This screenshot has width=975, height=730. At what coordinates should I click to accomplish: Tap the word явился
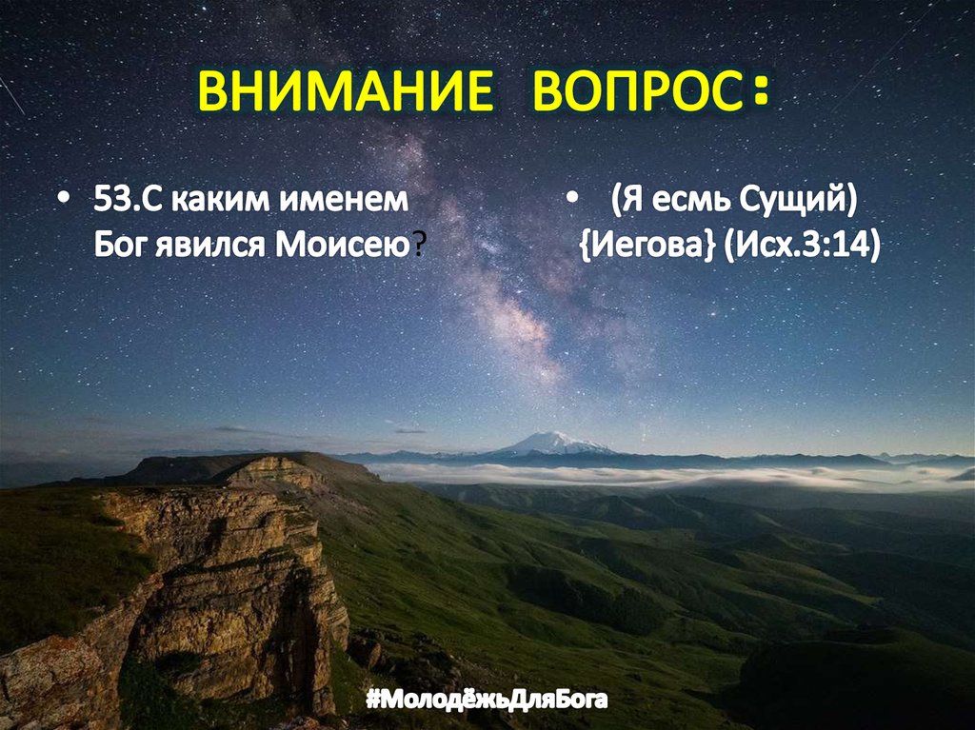(x=211, y=244)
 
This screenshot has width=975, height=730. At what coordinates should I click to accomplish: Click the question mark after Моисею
(x=419, y=245)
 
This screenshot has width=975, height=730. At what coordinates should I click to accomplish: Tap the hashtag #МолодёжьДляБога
(x=487, y=700)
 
